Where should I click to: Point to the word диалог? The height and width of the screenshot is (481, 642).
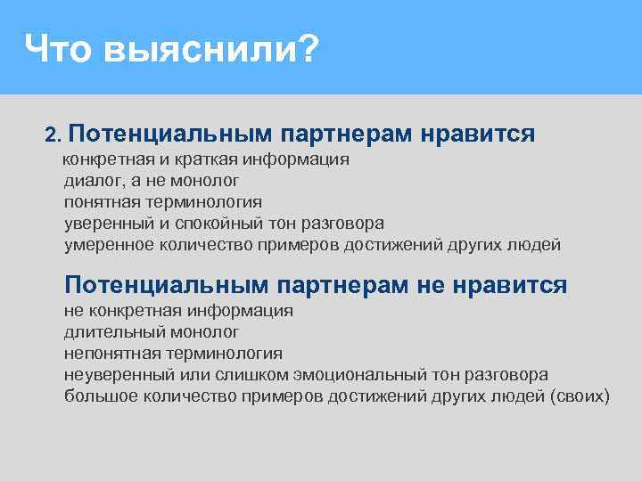click(x=89, y=181)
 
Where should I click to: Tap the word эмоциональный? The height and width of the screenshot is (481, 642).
click(x=334, y=374)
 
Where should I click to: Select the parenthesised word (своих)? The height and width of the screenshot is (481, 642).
click(x=580, y=395)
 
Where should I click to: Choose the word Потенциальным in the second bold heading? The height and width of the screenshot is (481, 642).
click(x=166, y=285)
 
